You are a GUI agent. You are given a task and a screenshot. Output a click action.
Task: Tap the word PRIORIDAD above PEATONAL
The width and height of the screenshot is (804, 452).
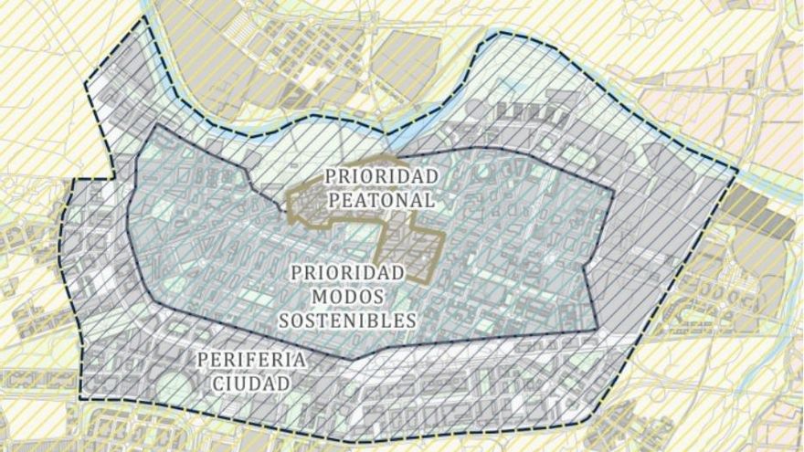point(383,174)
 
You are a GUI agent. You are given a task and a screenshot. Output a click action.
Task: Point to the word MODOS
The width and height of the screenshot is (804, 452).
point(347,296)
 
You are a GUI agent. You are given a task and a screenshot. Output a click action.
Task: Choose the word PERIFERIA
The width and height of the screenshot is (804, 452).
point(250,359)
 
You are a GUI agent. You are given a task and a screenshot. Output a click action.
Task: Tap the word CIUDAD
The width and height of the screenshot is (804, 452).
point(250,383)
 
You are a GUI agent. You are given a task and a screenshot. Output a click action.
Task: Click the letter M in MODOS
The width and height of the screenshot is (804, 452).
point(320,296)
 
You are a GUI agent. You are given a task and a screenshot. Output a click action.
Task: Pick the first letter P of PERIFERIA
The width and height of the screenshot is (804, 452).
point(201,359)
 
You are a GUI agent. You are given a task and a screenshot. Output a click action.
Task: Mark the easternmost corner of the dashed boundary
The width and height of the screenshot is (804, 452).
point(736,171)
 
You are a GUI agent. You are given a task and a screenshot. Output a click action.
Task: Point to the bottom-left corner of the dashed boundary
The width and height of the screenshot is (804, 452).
point(80,399)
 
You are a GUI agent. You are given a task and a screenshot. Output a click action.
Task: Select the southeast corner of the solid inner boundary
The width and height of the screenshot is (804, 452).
point(596,328)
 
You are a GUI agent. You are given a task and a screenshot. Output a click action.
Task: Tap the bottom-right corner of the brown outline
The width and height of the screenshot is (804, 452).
point(428,279)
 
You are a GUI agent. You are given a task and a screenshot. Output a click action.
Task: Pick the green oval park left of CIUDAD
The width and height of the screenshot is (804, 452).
point(174,388)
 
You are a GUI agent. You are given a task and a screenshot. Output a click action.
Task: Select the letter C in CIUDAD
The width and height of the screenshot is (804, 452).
point(218,383)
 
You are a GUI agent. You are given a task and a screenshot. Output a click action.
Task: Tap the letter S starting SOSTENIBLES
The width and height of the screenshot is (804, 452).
point(285,320)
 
